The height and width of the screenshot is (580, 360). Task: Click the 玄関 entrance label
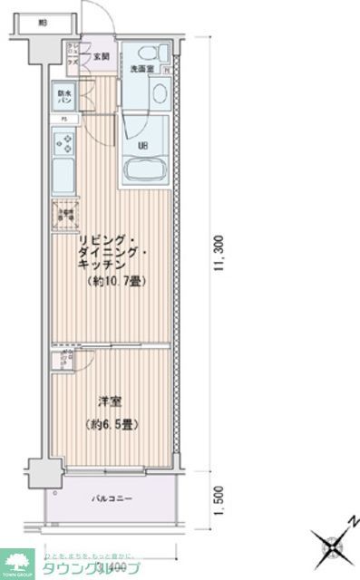(100, 57)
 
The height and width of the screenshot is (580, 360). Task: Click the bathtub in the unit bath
(146, 169)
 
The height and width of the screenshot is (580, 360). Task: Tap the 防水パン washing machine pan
(65, 95)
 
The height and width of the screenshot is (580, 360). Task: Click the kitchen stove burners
(65, 142)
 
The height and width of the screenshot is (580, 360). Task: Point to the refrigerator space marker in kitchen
(65, 215)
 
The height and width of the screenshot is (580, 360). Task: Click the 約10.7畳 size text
(118, 281)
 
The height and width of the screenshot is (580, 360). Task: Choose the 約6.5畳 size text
(111, 423)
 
